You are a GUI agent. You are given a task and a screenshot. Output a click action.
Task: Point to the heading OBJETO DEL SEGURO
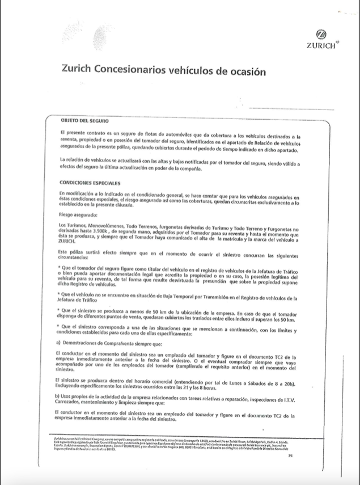[x=85, y=121]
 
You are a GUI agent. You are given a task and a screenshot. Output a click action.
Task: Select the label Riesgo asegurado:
[x=78, y=216]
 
